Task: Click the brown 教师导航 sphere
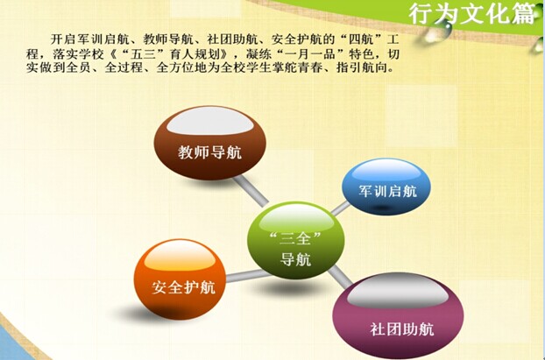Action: pyautogui.click(x=210, y=143)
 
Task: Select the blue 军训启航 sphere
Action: pyautogui.click(x=386, y=187)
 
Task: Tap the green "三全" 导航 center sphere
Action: pyautogui.click(x=296, y=240)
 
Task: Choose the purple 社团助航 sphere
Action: pyautogui.click(x=398, y=315)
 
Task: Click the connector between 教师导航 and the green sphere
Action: pyautogui.click(x=251, y=191)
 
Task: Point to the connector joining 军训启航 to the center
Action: pyautogui.click(x=340, y=208)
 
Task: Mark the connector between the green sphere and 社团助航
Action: pyautogui.click(x=340, y=277)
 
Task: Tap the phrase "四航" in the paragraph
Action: pyautogui.click(x=356, y=39)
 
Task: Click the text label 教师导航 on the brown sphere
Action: pyautogui.click(x=210, y=152)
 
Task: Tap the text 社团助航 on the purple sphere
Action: pyautogui.click(x=402, y=329)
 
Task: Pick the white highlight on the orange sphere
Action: pyautogui.click(x=180, y=256)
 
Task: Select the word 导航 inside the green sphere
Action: pyautogui.click(x=295, y=259)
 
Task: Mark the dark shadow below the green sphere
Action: pyautogui.click(x=293, y=287)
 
